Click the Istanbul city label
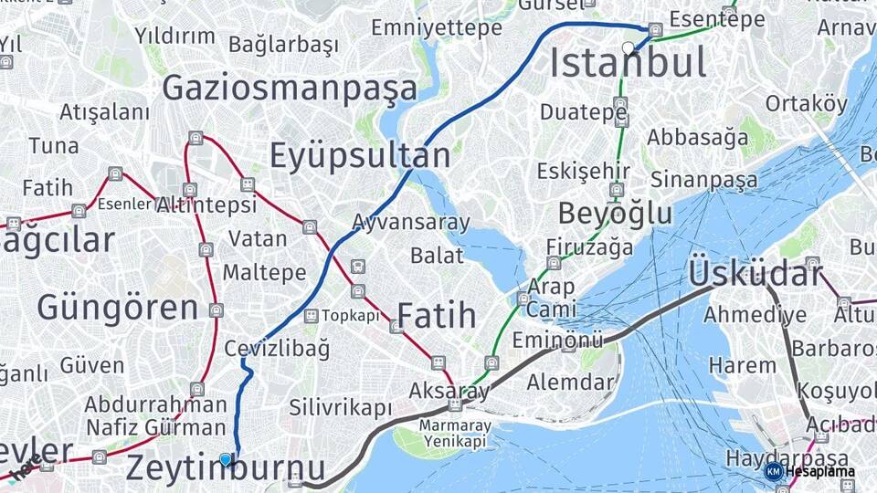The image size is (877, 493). [x=629, y=63]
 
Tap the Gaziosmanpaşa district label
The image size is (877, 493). [x=290, y=89]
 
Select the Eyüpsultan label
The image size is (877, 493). [x=359, y=156]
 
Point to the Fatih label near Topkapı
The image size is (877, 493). [x=437, y=316]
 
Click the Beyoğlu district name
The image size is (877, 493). [x=615, y=214]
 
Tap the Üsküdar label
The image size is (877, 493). [x=755, y=272]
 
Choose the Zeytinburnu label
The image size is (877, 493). [x=225, y=468]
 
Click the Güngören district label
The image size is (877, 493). [x=117, y=308]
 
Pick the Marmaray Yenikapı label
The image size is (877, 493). [x=455, y=434]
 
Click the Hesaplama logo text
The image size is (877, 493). [x=820, y=472]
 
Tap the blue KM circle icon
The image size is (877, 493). [x=774, y=471]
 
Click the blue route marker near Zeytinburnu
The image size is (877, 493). [x=226, y=460]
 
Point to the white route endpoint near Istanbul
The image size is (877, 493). [x=628, y=47]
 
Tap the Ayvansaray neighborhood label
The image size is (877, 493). [x=411, y=222]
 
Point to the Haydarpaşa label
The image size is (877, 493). [x=777, y=456]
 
